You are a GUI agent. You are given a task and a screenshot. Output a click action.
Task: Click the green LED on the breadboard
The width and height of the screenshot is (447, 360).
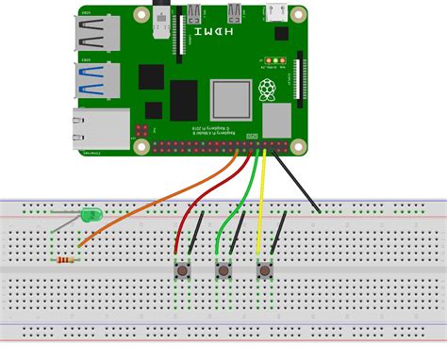pyautogui.click(x=91, y=216)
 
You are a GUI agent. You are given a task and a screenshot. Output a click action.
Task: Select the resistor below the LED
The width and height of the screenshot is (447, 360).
pyautogui.click(x=67, y=259)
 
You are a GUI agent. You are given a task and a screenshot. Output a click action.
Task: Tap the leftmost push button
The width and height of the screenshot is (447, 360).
pyautogui.click(x=178, y=272)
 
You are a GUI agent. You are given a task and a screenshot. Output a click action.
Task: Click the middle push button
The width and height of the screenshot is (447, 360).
pyautogui.click(x=223, y=272)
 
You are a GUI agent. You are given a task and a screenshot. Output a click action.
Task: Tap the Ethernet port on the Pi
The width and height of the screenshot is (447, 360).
pyautogui.click(x=101, y=130)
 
